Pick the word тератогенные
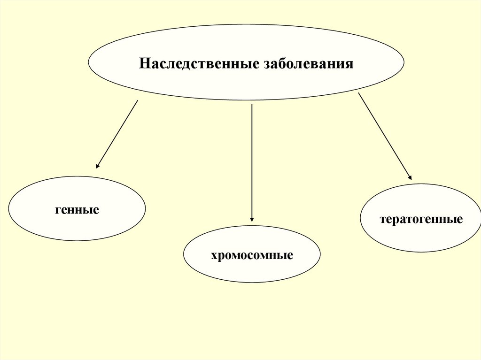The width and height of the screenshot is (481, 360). (421, 219)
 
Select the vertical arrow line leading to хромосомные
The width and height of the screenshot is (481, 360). (252, 160)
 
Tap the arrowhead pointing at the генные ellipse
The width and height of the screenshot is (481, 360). (97, 166)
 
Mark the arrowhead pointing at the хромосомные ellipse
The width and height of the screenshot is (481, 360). (252, 219)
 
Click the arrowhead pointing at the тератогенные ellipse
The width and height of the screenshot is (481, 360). (411, 178)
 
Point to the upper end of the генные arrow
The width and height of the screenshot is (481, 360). (137, 100)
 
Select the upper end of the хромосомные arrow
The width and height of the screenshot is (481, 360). (252, 104)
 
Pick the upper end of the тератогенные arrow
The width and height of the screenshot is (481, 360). (359, 93)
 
